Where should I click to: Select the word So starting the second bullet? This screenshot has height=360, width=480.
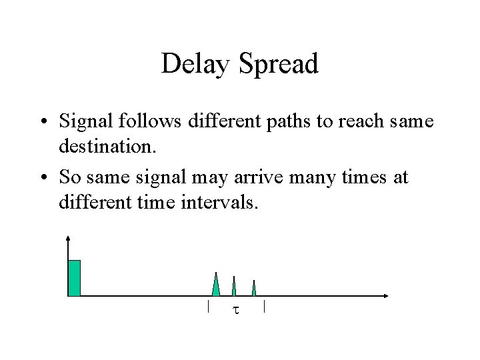pyautogui.click(x=69, y=177)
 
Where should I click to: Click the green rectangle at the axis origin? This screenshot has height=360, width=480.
pyautogui.click(x=74, y=277)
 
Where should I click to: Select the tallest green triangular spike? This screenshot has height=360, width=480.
pyautogui.click(x=215, y=285)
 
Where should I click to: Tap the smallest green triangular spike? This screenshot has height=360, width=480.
pyautogui.click(x=254, y=288)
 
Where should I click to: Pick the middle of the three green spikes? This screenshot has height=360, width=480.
pyautogui.click(x=234, y=286)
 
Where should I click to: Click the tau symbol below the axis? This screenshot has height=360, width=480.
pyautogui.click(x=235, y=310)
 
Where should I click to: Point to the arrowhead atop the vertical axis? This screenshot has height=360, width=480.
pyautogui.click(x=68, y=237)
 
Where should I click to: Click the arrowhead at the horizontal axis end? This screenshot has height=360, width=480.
pyautogui.click(x=386, y=295)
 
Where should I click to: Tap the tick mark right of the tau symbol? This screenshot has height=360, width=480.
pyautogui.click(x=265, y=307)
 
